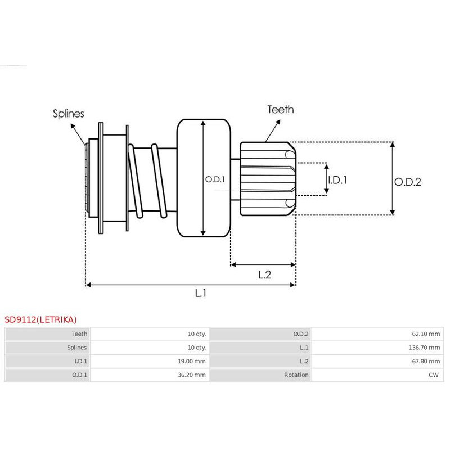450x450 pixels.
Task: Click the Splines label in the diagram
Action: click(68, 114)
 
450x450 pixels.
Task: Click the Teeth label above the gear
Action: click(280, 110)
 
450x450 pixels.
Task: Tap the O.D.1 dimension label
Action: click(215, 179)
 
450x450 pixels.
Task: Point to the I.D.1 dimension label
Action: click(337, 180)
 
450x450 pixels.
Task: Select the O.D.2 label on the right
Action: click(407, 182)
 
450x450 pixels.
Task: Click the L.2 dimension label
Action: click(265, 275)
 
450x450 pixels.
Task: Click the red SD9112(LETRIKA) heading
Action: click(40, 319)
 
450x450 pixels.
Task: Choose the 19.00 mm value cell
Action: click(193, 361)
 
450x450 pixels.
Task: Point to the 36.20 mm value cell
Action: click(193, 375)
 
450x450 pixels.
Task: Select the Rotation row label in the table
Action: click(296, 375)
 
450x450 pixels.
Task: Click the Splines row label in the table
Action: click(75, 348)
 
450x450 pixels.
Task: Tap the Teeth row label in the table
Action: click(79, 334)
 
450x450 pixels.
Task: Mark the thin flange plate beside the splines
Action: click(101, 178)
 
